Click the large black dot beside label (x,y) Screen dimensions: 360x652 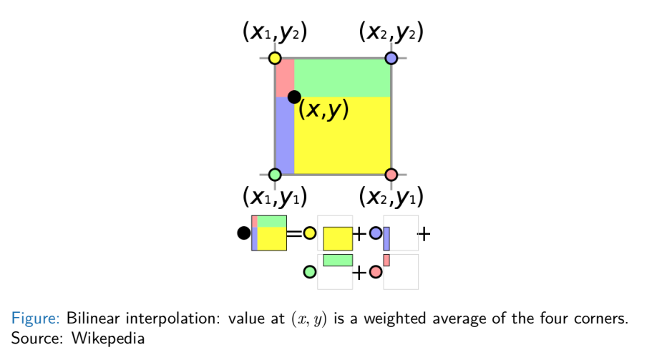pos(294,97)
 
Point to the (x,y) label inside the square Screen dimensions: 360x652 pos(323,110)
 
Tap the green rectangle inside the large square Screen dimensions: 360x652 pos(342,77)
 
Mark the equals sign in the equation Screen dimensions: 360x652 pos(294,233)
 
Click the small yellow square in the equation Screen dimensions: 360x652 pos(338,238)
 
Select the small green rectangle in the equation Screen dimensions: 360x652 pos(338,260)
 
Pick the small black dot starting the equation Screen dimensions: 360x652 pos(243,233)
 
